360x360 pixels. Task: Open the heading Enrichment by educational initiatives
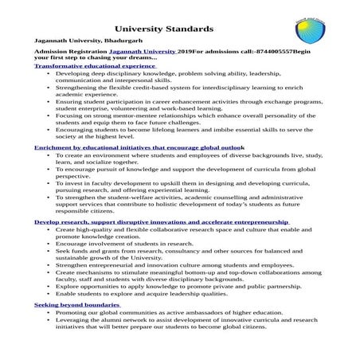139,148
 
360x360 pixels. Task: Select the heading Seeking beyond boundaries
76,305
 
